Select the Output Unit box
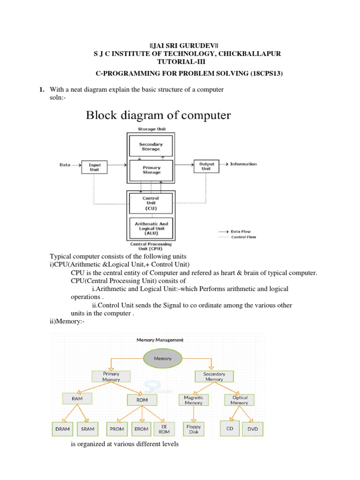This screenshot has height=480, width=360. click(207, 166)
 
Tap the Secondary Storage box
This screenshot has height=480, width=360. click(151, 146)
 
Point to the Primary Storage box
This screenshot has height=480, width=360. click(151, 170)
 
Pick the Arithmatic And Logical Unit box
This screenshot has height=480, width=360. click(151, 228)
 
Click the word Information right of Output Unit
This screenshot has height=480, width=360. click(243, 164)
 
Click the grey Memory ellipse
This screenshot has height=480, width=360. click(160, 358)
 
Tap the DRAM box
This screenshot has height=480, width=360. click(63, 429)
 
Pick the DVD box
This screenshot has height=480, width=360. click(253, 429)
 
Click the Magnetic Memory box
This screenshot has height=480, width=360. click(194, 400)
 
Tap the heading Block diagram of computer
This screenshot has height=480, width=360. click(158, 115)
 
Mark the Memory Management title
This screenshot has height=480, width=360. click(160, 340)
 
